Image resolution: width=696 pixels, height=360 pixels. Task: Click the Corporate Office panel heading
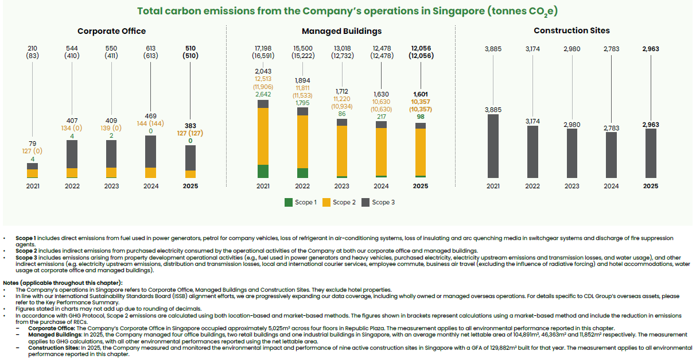tap(111, 31)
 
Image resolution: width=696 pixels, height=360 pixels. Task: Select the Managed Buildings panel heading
tap(341, 31)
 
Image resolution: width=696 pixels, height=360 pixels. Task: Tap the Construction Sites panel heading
tap(571, 30)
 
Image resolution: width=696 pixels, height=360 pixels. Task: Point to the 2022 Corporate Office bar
tap(72, 159)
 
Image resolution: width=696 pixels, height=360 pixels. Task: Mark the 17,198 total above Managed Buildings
tap(263, 48)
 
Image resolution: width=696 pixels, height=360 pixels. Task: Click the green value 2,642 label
tap(263, 94)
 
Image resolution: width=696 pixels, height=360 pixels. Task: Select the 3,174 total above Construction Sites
tap(532, 49)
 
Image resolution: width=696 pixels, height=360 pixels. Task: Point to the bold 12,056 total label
tap(421, 48)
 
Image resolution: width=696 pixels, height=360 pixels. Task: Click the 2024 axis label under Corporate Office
tap(151, 186)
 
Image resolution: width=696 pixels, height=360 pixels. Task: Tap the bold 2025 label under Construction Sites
tap(651, 186)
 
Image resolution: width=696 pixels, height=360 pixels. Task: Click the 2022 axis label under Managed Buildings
tap(302, 186)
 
